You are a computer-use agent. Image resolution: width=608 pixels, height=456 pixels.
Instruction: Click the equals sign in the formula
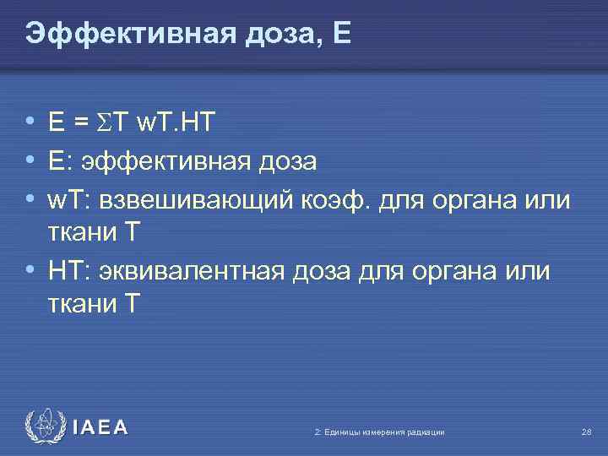[81, 124]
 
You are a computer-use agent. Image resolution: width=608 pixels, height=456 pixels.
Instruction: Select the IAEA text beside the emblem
[100, 427]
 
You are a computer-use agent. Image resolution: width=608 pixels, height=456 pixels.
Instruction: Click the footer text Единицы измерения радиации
[383, 432]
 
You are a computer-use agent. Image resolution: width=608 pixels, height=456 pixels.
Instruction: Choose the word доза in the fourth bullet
[323, 273]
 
